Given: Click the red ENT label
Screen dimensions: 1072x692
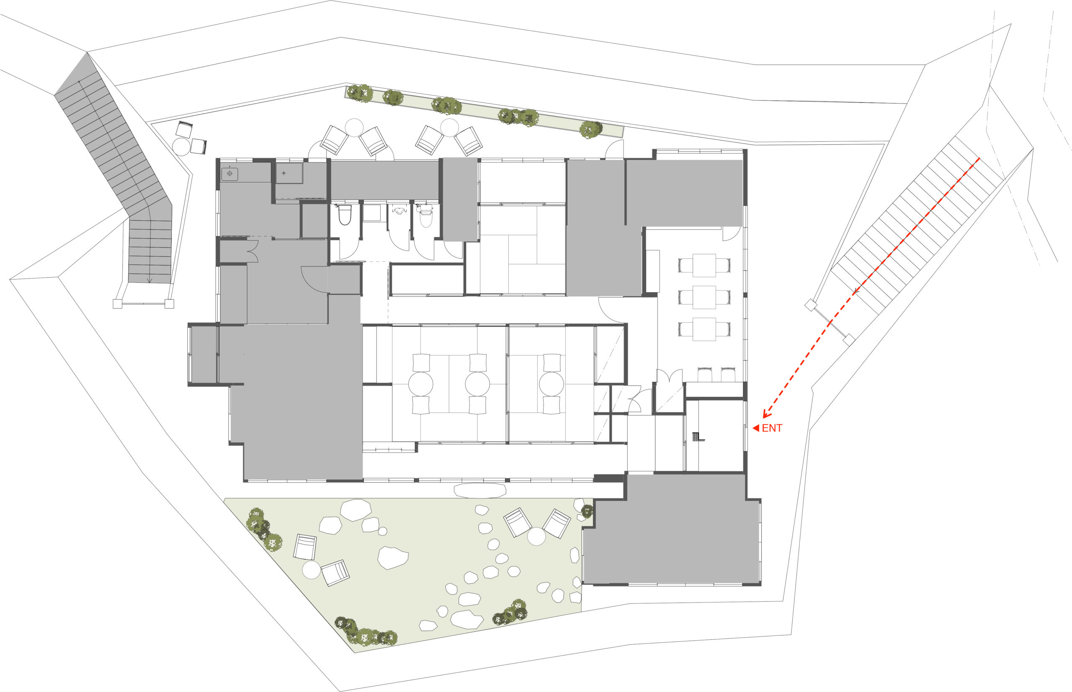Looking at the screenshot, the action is point(772,428).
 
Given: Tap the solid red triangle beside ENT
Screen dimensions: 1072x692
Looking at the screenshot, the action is point(755,428).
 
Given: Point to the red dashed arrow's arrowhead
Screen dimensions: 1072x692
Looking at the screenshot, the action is point(766,414).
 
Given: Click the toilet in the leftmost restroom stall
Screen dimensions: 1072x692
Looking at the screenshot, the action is point(345,215).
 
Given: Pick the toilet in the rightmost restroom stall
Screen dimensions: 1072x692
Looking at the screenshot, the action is point(425,215).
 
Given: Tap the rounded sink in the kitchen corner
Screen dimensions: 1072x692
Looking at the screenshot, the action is point(229,174).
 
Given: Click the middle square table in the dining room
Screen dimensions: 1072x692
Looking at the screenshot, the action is point(704,297).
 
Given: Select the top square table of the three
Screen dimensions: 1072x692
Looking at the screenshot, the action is point(704,266).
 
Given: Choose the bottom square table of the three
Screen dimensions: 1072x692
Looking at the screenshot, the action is point(704,329).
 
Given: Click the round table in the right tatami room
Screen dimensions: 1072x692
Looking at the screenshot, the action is point(551,384).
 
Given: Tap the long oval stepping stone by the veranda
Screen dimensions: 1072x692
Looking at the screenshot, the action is point(480,491).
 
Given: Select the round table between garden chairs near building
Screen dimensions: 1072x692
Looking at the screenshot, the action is point(536,536).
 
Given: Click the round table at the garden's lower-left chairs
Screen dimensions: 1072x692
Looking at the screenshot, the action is point(311,570).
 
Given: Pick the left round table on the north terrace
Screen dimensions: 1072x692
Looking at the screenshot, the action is point(354,128).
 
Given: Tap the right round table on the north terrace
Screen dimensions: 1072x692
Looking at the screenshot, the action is point(449,128).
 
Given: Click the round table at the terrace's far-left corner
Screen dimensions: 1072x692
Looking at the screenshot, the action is point(182,147).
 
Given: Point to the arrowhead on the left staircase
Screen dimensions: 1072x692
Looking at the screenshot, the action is point(150,281).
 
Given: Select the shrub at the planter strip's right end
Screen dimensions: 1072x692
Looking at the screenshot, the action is point(590,129).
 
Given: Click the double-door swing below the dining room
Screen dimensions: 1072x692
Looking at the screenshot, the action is point(670,376).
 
